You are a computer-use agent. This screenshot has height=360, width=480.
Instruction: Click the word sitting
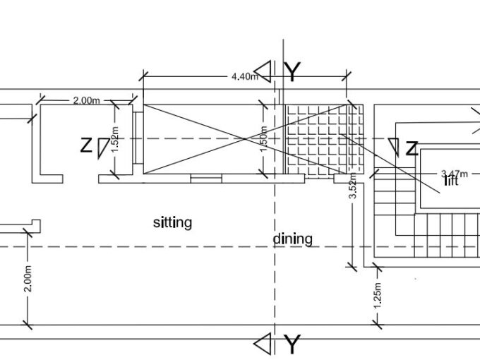(x=172, y=222)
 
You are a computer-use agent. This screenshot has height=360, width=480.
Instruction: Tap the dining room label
(x=293, y=239)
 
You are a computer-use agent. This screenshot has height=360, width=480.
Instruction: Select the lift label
(x=451, y=181)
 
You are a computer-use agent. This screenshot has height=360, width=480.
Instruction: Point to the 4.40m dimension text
(x=245, y=76)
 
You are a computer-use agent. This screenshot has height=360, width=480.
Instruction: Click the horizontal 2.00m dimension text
(x=87, y=100)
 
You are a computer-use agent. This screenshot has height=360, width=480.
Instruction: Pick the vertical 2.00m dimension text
(x=28, y=279)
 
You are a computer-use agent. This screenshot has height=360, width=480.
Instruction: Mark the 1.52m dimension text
(x=114, y=139)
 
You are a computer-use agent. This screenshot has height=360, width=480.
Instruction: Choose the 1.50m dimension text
(x=264, y=138)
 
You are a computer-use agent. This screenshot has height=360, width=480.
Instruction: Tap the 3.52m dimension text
(x=353, y=186)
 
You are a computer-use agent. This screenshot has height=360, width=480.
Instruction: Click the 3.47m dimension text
(x=455, y=174)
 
